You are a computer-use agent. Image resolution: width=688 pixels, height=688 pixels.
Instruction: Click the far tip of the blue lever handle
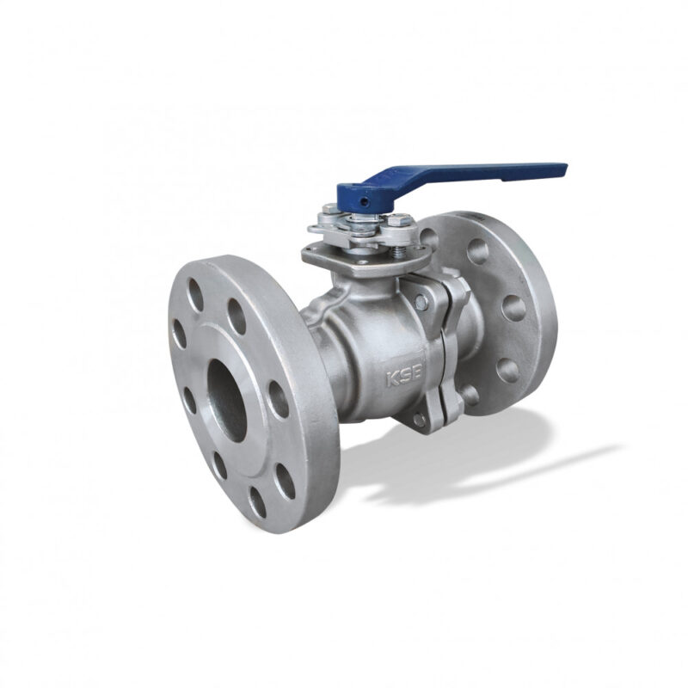[x=566, y=169]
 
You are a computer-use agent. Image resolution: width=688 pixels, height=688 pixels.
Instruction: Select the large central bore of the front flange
[x=226, y=400]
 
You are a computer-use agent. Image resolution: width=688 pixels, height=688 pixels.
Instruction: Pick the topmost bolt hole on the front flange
[x=195, y=295]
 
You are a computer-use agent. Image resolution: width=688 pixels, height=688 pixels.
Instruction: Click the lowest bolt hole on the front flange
[x=257, y=502]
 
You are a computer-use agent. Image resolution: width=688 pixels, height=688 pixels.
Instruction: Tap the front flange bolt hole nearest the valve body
[x=278, y=399]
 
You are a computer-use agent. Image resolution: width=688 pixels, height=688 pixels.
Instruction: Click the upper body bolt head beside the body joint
[x=420, y=302]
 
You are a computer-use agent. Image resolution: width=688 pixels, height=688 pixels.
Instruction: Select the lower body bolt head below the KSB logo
[x=419, y=420]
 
